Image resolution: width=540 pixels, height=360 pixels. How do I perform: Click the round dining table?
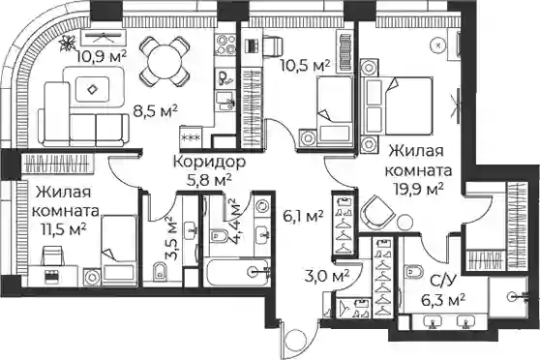pyautogui.click(x=165, y=62)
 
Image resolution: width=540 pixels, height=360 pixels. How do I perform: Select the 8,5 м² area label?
pyautogui.click(x=155, y=111)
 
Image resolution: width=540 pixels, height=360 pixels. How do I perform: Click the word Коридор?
pyautogui.click(x=209, y=162)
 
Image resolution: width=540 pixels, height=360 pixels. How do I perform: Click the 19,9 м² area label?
pyautogui.click(x=418, y=189)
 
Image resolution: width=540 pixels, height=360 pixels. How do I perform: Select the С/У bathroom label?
pyautogui.click(x=443, y=281)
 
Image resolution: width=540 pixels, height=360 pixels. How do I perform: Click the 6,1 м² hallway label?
pyautogui.click(x=302, y=217)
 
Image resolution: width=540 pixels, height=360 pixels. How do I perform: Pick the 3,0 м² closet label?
pyautogui.click(x=327, y=276)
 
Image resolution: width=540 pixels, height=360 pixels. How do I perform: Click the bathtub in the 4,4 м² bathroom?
pyautogui.click(x=236, y=272)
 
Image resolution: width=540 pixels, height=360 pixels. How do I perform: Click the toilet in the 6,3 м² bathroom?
pyautogui.click(x=414, y=271)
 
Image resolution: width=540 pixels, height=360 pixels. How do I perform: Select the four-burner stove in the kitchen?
pyautogui.click(x=225, y=45)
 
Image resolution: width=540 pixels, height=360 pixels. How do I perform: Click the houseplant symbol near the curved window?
pyautogui.click(x=68, y=43)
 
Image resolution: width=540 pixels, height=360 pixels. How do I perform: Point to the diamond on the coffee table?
pyautogui.click(x=92, y=90)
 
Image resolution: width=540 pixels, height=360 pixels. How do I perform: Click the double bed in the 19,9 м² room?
pyautogui.click(x=397, y=105)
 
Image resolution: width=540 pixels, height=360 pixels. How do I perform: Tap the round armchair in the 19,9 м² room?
pyautogui.click(x=377, y=212)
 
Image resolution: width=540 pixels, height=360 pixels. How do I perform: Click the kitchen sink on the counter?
pyautogui.click(x=226, y=101)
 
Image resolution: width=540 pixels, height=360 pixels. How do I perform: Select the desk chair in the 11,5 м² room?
pyautogui.click(x=51, y=255)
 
